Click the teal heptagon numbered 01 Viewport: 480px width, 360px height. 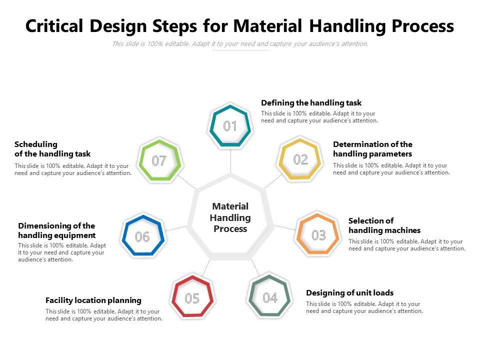pyautogui.click(x=230, y=126)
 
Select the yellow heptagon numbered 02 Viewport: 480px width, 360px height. pyautogui.click(x=300, y=159)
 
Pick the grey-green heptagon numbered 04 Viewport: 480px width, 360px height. pyautogui.click(x=270, y=298)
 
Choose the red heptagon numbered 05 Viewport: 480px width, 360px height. pyautogui.click(x=192, y=298)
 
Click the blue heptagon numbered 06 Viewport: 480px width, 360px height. pyautogui.click(x=142, y=236)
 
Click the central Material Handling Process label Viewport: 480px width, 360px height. pyautogui.click(x=230, y=217)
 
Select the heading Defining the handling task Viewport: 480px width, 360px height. pyautogui.click(x=311, y=102)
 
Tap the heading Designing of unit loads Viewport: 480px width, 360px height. pyautogui.click(x=349, y=292)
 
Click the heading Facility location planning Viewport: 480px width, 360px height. pyautogui.click(x=93, y=300)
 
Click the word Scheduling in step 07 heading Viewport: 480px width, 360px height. pyautogui.click(x=36, y=144)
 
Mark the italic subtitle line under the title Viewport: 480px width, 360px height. pyautogui.click(x=240, y=43)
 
